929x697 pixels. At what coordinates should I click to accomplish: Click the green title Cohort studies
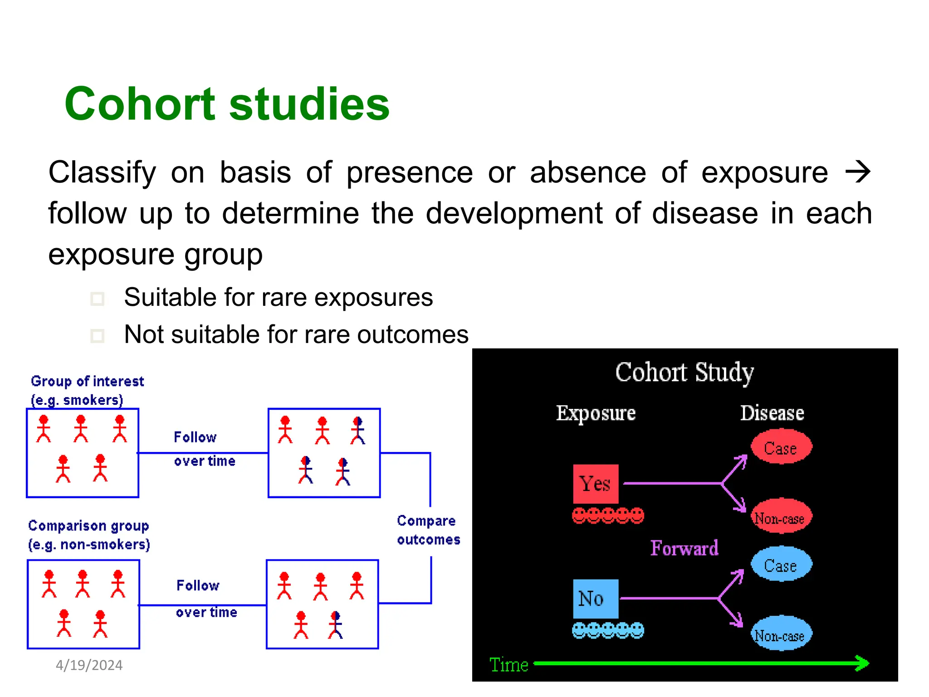227,104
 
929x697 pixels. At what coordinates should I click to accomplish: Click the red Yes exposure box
595,484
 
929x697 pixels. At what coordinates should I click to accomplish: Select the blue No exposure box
595,599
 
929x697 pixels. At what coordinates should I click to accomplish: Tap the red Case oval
781,447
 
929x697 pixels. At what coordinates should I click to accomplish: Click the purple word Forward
684,548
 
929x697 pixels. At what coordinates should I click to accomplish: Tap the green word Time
509,664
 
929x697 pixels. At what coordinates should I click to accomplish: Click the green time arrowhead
862,663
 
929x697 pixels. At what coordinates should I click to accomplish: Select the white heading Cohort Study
684,373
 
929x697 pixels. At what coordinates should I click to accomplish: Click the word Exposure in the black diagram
596,413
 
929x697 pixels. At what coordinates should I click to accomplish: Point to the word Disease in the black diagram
772,413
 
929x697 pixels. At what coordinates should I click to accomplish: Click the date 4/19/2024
89,665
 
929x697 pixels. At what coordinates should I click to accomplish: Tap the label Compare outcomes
428,530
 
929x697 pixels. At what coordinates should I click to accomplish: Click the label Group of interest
87,381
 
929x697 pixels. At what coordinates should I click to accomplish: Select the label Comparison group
88,525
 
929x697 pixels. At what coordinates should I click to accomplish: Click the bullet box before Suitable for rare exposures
97,299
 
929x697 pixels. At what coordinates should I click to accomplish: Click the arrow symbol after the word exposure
857,172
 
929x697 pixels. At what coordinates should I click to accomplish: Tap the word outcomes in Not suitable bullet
412,335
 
